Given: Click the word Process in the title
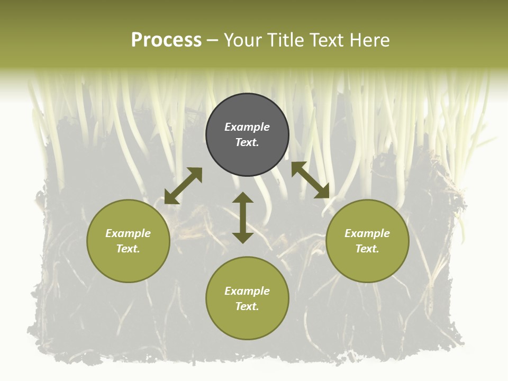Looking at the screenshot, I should [166, 40].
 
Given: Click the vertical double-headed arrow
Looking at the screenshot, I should [243, 218].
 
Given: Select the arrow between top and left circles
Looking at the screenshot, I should [184, 186].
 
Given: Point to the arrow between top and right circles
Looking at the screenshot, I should [310, 180].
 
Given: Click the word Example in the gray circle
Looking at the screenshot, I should [247, 127].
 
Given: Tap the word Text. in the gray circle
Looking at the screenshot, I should [247, 142].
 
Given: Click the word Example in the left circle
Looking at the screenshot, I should [128, 233].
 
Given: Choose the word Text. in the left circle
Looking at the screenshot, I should [128, 249].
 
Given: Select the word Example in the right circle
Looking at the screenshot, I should [367, 233].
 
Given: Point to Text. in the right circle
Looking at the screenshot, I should [367, 249].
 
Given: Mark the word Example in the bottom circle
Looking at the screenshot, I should [247, 291].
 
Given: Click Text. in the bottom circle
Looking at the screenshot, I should [247, 306].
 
